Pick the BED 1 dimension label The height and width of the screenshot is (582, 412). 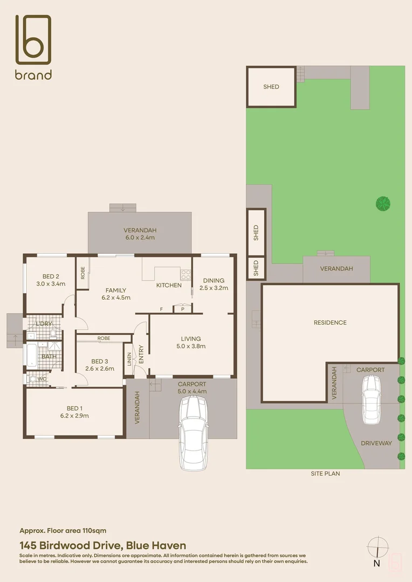coord(74,415)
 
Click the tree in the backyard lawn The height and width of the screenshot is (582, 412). coord(383,203)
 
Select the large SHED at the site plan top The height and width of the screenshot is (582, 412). coord(271,87)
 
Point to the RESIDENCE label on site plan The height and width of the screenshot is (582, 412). coord(330,323)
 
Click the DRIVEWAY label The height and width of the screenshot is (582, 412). coord(376,443)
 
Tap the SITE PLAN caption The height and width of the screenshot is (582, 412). coord(325,474)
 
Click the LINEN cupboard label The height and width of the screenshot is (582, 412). coord(129,359)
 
